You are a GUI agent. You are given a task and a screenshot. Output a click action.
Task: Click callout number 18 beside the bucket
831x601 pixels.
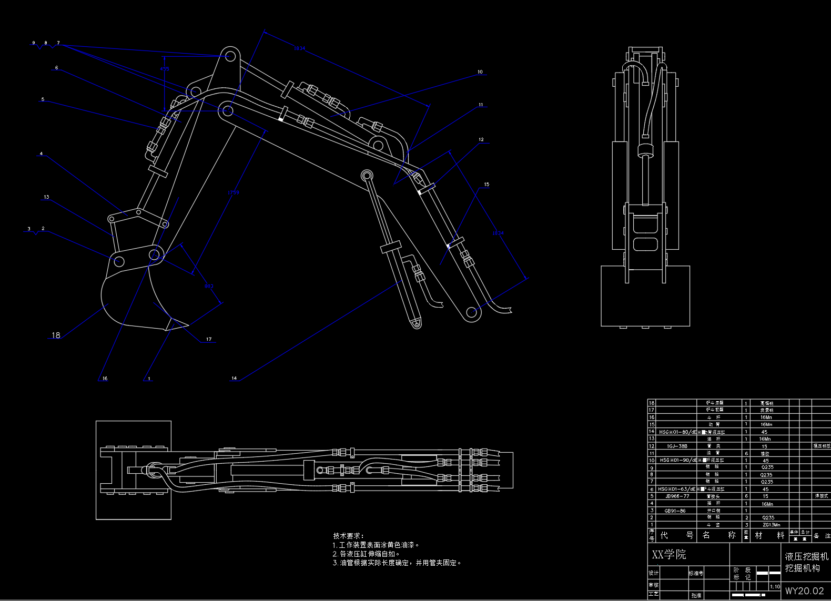tap(56, 335)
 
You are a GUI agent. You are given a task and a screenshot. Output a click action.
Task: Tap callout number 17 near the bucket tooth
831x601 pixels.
tap(209, 339)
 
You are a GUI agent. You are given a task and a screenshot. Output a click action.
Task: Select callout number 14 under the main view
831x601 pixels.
tap(234, 378)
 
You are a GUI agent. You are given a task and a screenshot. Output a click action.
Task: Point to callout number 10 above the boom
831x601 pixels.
tap(480, 72)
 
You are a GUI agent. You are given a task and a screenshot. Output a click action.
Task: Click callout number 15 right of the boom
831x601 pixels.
tap(487, 185)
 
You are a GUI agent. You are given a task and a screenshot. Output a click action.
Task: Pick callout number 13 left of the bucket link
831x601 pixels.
tap(46, 197)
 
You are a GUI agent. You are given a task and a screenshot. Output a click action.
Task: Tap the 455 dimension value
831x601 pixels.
tap(165, 69)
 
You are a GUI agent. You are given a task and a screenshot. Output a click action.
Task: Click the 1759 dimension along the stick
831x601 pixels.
tap(233, 192)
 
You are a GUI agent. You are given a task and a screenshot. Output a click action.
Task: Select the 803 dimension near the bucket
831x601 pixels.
tap(209, 287)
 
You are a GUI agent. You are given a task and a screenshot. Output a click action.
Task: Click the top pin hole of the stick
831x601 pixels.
tap(230, 55)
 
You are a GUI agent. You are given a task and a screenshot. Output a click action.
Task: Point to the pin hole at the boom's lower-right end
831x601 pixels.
tap(472, 312)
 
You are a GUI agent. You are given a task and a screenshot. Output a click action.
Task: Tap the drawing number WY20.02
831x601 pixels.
tap(804, 590)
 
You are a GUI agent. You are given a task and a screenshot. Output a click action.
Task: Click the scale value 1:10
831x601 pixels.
tap(775, 586)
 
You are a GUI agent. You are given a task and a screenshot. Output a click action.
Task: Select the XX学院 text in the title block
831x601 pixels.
tap(669, 554)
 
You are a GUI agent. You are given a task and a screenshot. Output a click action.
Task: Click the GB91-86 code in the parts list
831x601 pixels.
tap(675, 511)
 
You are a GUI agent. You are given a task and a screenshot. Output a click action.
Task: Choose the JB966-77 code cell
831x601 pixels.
tap(677, 496)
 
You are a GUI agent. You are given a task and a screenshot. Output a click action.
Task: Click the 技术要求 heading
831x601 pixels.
tap(348, 536)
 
